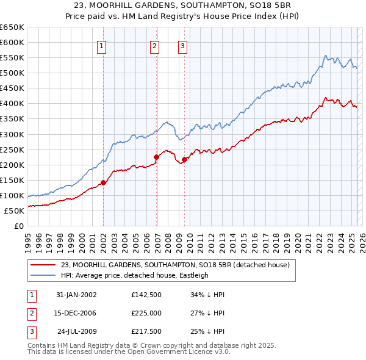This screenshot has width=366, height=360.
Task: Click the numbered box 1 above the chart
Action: [101, 45]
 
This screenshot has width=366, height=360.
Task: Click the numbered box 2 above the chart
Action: [155, 45]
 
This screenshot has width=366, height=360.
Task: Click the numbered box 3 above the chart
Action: [182, 45]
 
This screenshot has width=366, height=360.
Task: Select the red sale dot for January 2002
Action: [104, 182]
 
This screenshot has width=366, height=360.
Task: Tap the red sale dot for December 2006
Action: [156, 157]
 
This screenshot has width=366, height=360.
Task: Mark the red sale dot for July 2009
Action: [184, 159]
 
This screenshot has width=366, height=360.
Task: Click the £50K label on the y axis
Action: [14, 211]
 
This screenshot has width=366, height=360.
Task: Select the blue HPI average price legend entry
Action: [134, 275]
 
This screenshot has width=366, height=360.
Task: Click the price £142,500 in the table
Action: [146, 294]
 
